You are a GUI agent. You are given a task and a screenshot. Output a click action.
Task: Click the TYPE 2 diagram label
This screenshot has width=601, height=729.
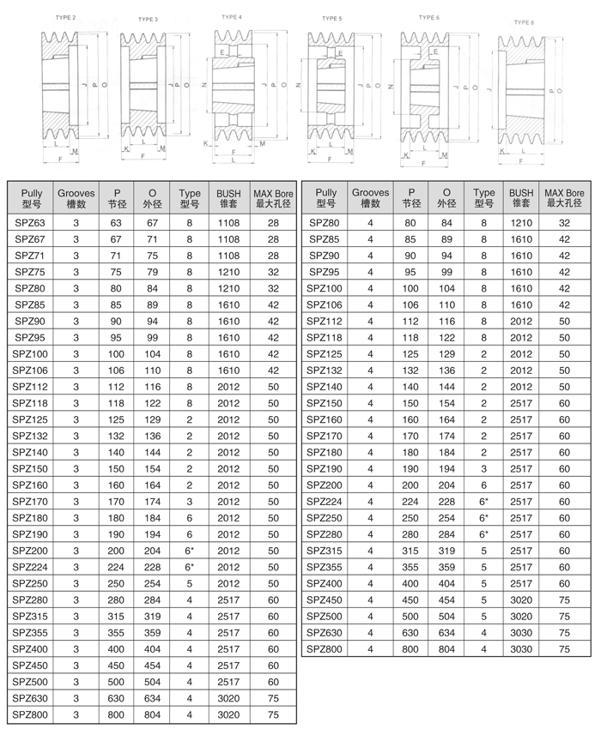pos(64,17)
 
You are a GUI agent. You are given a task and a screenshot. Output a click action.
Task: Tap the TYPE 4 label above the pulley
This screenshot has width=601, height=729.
pos(231,16)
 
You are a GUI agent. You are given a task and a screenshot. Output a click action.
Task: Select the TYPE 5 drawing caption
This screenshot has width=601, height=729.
pos(331,18)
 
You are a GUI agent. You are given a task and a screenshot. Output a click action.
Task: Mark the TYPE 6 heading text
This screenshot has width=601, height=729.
pos(429,16)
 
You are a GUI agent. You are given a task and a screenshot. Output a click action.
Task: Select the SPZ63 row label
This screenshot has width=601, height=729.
pos(32,222)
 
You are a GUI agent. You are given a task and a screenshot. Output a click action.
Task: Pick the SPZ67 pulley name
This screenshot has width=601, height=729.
pos(32,238)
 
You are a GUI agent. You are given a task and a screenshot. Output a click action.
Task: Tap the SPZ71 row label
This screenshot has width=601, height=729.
pos(32,256)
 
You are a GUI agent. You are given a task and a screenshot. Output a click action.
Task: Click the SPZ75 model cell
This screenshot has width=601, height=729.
pos(32,272)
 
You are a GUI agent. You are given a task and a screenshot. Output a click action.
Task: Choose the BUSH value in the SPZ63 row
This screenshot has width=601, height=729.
pos(228,222)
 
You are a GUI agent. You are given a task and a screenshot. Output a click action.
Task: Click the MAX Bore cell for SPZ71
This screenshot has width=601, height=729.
pos(273,256)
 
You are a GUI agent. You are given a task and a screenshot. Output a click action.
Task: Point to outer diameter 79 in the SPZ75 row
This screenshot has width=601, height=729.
pos(153,272)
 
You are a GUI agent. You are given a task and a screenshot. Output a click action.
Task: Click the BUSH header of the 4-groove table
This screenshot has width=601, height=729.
pos(521,199)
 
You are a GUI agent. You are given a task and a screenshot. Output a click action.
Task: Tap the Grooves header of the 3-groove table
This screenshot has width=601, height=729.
pos(76,199)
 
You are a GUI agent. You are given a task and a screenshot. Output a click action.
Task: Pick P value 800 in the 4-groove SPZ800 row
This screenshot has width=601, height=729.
pos(412,649)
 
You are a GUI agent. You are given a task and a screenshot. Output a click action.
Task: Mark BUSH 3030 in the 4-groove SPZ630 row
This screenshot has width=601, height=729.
pos(521,633)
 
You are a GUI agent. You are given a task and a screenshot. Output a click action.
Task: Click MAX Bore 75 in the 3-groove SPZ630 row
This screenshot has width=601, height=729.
pos(273,699)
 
